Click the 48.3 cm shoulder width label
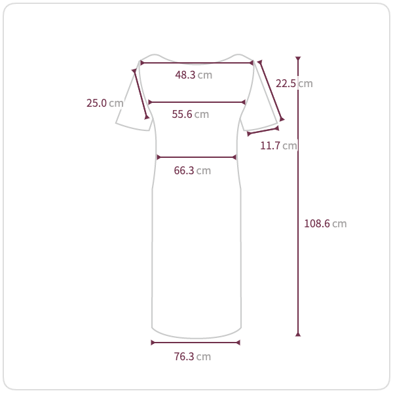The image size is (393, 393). [193, 75]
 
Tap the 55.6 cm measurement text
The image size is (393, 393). [190, 114]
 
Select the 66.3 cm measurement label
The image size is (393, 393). [192, 171]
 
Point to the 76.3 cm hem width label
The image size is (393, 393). [192, 357]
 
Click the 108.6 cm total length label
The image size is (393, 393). [325, 223]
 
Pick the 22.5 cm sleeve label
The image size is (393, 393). [294, 83]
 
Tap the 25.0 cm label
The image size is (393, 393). [105, 103]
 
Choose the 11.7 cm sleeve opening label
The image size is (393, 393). [278, 145]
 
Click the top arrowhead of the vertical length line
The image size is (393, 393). [298, 59]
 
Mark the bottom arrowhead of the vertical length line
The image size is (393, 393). [298, 334]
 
